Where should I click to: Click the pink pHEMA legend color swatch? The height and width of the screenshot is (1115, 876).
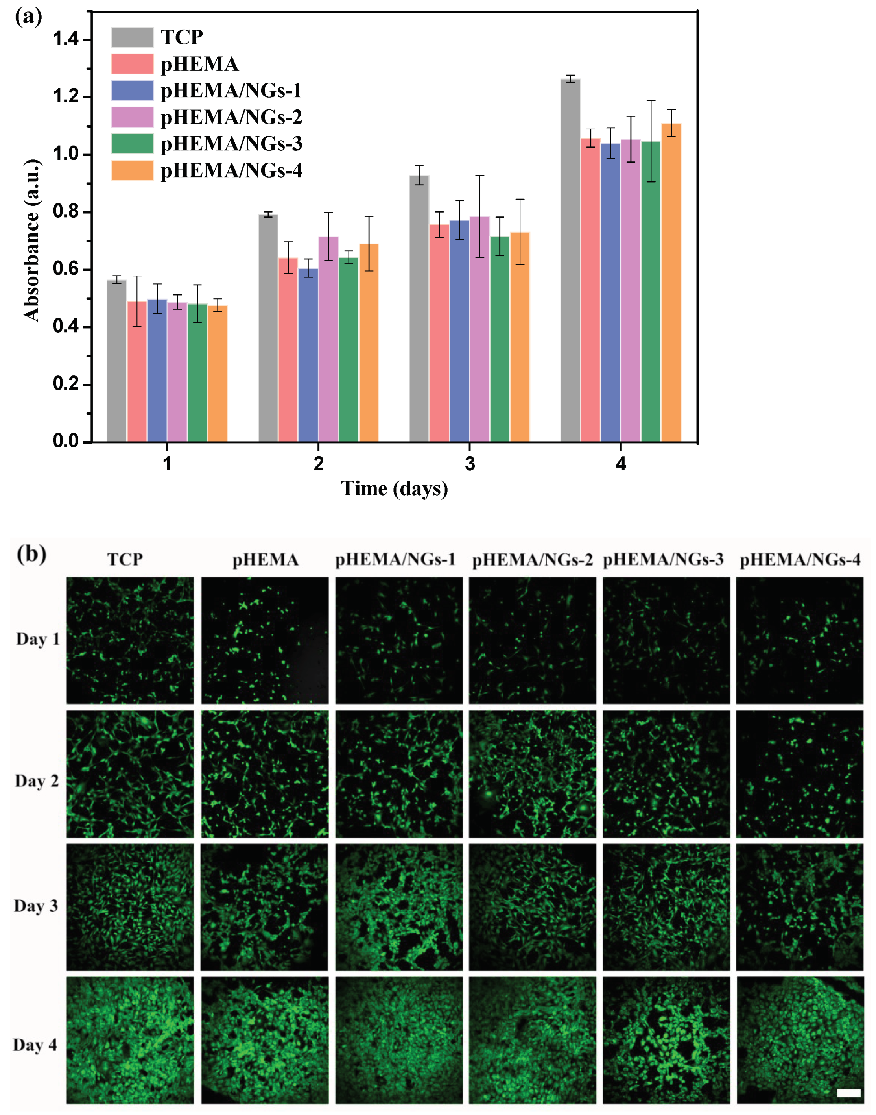coord(132,64)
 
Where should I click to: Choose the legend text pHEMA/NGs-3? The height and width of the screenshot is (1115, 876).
coord(231,144)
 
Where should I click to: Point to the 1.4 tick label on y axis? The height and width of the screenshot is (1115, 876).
coord(66,39)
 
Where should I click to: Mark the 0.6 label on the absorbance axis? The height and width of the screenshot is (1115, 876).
coord(66,269)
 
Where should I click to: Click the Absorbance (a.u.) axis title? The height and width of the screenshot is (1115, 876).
coord(32,240)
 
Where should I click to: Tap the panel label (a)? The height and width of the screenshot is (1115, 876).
coord(28,17)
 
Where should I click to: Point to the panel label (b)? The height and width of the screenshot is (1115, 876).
coord(31,555)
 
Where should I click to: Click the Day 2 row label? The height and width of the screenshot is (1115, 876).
coord(37,781)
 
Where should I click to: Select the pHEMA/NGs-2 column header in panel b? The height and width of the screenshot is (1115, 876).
coord(532,560)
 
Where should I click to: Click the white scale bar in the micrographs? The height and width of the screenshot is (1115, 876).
coord(849,1093)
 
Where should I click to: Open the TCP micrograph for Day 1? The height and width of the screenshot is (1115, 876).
coord(130,640)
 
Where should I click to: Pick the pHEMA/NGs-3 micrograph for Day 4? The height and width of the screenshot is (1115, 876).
coord(666,1040)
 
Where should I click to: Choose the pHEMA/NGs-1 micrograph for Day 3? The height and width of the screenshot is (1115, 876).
coord(398,907)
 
